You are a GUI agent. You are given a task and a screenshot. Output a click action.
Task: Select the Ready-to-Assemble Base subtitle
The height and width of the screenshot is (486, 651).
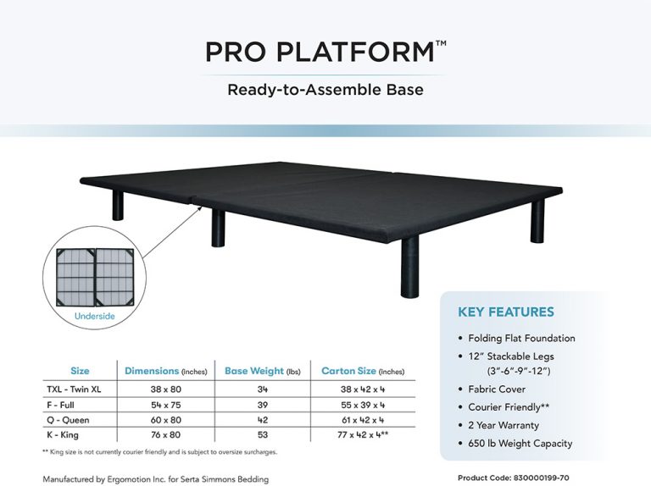tap(325, 89)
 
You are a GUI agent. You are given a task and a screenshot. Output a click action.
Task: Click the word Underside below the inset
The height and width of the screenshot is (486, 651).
tap(95, 316)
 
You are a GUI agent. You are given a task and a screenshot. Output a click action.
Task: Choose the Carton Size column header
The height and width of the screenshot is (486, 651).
tap(363, 371)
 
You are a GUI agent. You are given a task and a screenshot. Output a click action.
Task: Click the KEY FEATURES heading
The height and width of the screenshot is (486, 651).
tap(505, 312)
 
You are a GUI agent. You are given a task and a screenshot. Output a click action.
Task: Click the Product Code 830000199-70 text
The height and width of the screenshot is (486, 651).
tap(511, 478)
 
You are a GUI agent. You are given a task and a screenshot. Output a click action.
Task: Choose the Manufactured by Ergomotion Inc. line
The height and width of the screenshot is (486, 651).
tap(156, 478)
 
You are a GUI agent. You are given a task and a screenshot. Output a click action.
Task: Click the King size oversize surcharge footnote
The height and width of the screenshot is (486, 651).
tap(159, 452)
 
